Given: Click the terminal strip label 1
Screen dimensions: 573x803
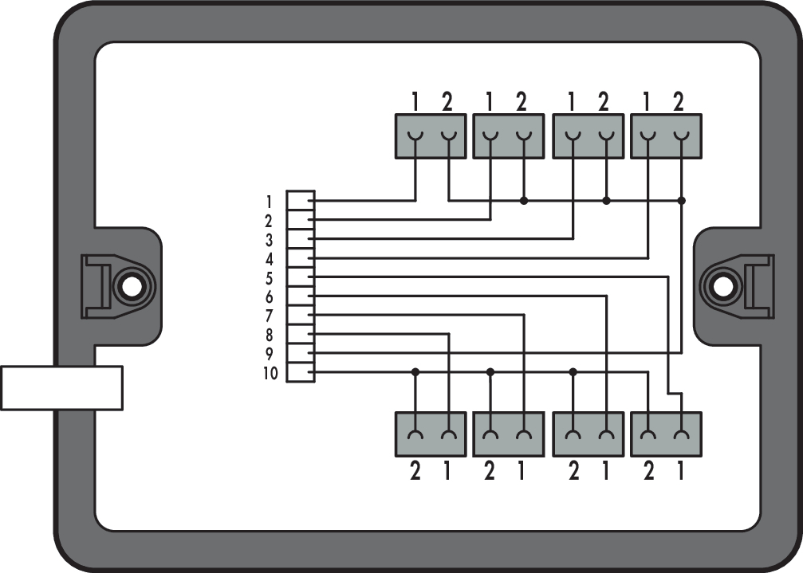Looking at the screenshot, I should [x=270, y=201].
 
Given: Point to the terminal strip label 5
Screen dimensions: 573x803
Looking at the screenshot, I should [x=270, y=278].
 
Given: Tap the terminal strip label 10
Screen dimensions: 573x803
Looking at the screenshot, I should [x=270, y=373].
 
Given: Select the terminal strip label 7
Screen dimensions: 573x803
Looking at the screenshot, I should [x=270, y=316].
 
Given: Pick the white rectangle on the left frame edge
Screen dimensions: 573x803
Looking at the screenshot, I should [x=61, y=387].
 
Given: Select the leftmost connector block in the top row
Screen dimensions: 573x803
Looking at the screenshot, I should [x=431, y=136].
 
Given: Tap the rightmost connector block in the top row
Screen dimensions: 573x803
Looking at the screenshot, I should [x=665, y=136].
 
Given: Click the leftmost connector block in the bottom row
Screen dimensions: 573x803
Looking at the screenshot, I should [x=431, y=434].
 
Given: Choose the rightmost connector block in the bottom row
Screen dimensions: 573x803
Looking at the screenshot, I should [x=665, y=434].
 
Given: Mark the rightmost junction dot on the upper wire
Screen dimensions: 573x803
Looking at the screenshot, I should [x=681, y=201].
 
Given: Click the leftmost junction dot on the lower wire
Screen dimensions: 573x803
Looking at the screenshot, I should [x=415, y=372].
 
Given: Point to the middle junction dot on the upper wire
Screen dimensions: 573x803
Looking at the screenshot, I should [x=606, y=201].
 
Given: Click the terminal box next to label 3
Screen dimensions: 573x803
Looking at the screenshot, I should [x=301, y=239].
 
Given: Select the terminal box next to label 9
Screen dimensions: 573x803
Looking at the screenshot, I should [x=301, y=353].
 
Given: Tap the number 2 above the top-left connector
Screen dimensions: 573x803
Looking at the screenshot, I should [x=447, y=102].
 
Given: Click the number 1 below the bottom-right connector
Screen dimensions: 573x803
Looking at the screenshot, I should [x=680, y=472].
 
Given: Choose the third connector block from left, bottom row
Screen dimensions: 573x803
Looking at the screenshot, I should [x=588, y=434].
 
